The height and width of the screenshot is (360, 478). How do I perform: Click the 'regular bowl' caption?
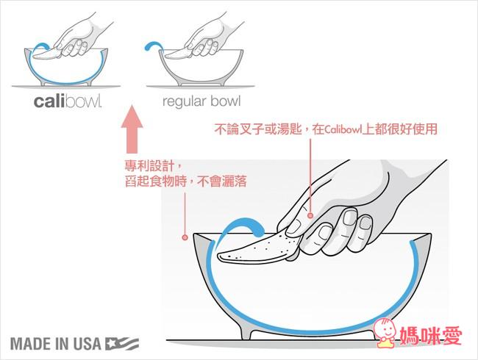click(201, 100)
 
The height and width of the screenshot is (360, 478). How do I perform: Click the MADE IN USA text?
click(56, 343)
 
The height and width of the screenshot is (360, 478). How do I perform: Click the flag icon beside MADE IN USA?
click(122, 343)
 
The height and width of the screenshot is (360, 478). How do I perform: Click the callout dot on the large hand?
click(311, 215)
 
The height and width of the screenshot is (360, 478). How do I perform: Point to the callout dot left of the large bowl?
click(184, 237)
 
